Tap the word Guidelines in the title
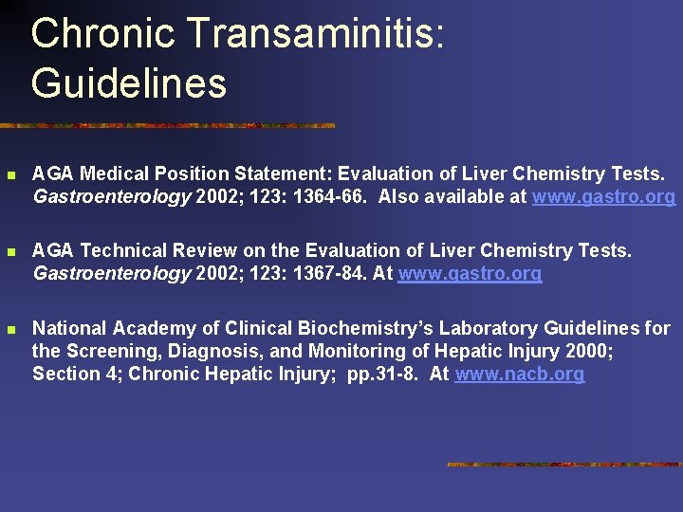point(129,82)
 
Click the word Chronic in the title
point(103,34)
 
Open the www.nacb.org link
point(519,375)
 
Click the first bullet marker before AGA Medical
point(10,175)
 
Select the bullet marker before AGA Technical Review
point(10,252)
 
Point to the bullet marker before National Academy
point(10,330)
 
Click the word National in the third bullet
point(69,329)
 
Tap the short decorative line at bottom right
point(563,465)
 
